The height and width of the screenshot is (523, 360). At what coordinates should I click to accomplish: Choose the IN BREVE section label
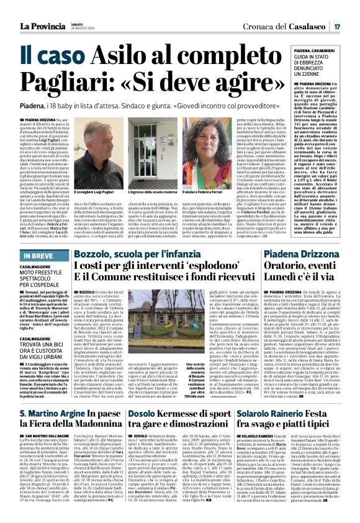pyautogui.click(x=38, y=255)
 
